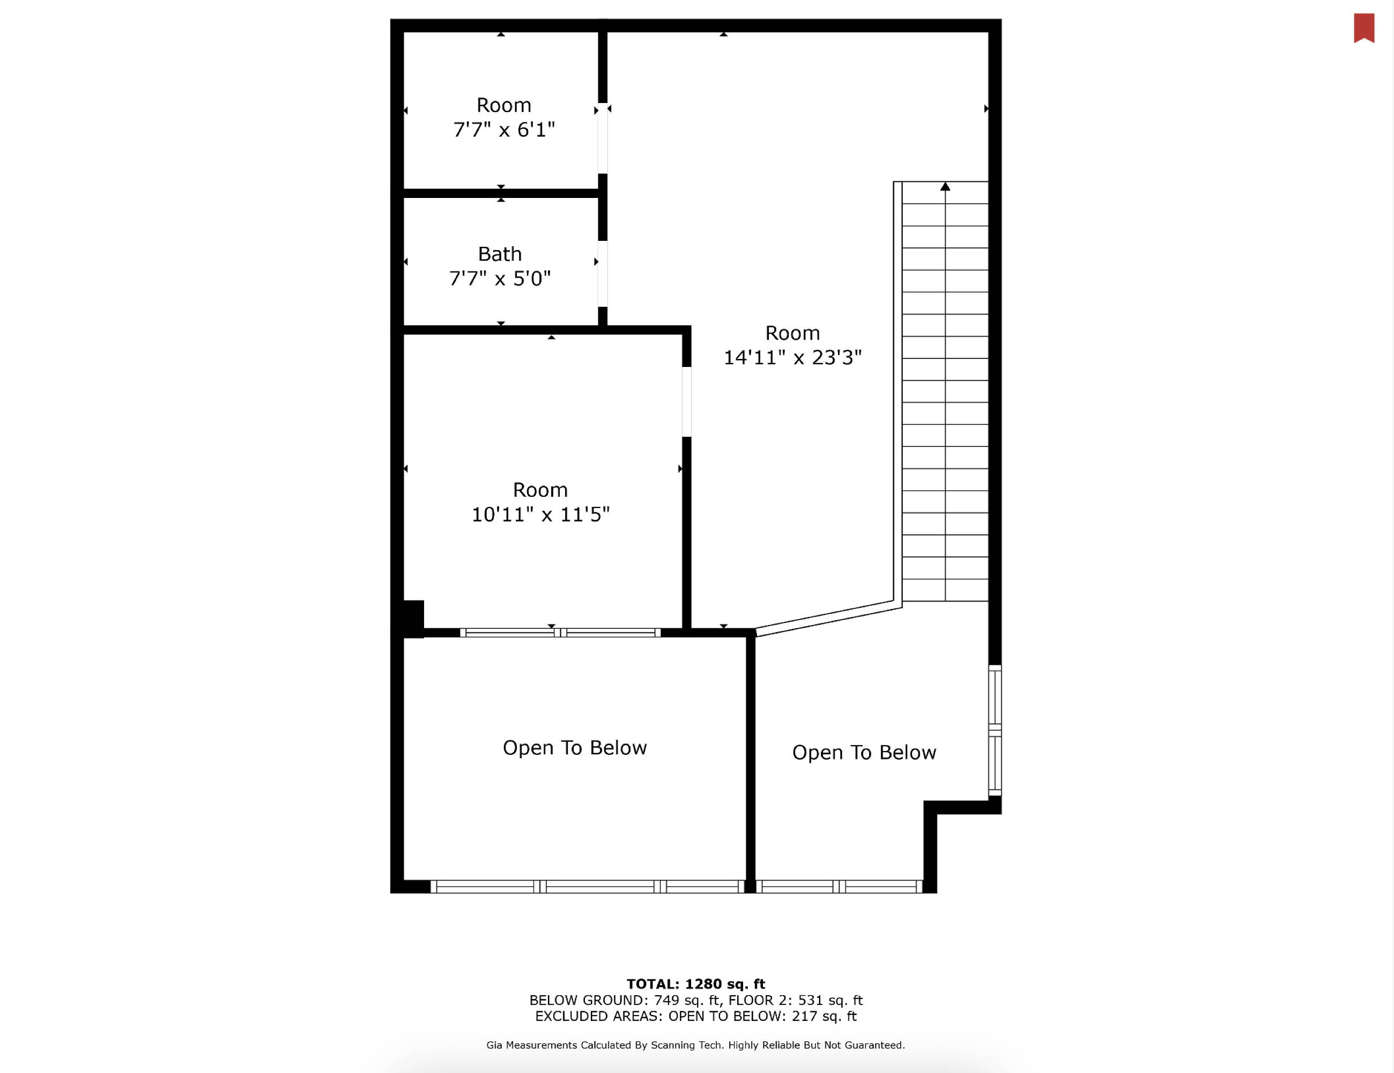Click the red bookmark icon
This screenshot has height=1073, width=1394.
(x=1364, y=28)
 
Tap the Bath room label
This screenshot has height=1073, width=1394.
(x=500, y=254)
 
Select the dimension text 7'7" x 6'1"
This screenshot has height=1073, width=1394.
(x=503, y=130)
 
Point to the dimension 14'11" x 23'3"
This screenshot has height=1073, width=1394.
(x=792, y=357)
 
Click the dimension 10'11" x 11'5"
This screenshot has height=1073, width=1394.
(x=540, y=514)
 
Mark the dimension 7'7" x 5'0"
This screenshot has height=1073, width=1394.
(x=500, y=278)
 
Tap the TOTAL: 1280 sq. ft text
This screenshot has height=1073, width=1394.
(x=696, y=984)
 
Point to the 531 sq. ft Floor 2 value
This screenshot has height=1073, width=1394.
(x=831, y=1000)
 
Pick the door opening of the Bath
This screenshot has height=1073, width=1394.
(x=603, y=274)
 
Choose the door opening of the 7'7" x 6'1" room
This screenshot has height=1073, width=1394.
(x=603, y=138)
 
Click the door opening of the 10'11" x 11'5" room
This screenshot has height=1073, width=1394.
(x=687, y=402)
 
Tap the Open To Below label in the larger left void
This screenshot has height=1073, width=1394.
(x=574, y=748)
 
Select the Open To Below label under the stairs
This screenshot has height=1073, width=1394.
(x=864, y=752)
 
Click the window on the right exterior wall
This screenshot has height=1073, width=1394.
(x=995, y=731)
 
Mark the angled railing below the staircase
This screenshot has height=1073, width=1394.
(x=828, y=618)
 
